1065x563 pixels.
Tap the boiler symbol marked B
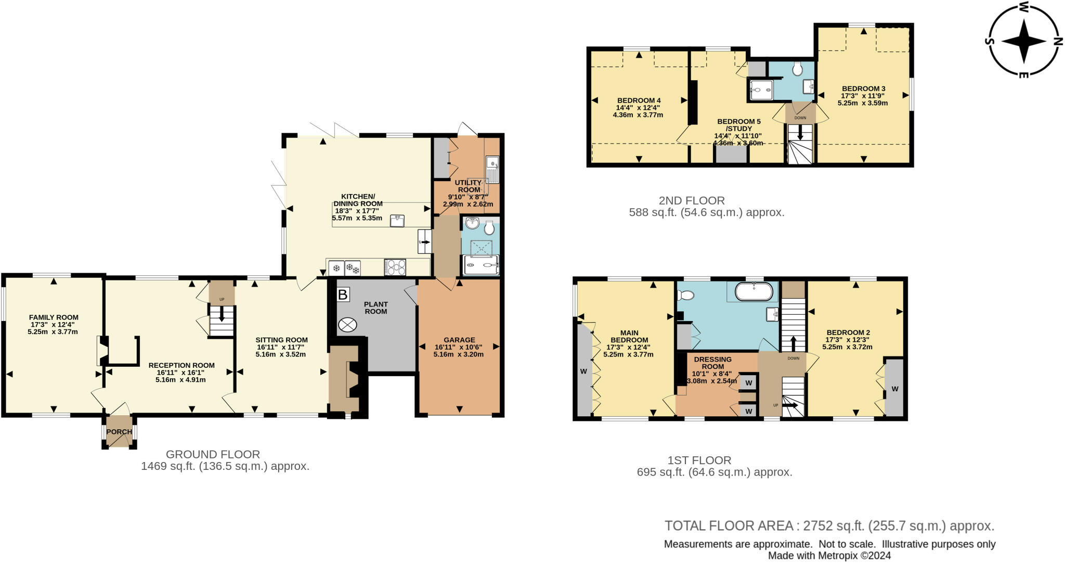(343, 295)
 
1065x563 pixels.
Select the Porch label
(119, 432)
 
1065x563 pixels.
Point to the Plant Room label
(376, 308)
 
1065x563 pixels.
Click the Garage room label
(459, 340)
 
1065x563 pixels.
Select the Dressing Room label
(712, 363)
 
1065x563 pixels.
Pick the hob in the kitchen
(395, 267)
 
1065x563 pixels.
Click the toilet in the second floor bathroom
(798, 69)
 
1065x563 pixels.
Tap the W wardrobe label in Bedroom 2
(894, 389)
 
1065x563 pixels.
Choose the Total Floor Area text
(829, 526)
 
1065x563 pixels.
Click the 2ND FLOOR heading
(692, 200)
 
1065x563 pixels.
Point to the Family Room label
(54, 317)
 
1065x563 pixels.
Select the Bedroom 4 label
(639, 100)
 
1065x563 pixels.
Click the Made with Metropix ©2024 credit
(830, 556)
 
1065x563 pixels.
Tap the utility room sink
(492, 169)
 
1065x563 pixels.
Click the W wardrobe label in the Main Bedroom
(583, 371)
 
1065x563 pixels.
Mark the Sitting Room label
(282, 340)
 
